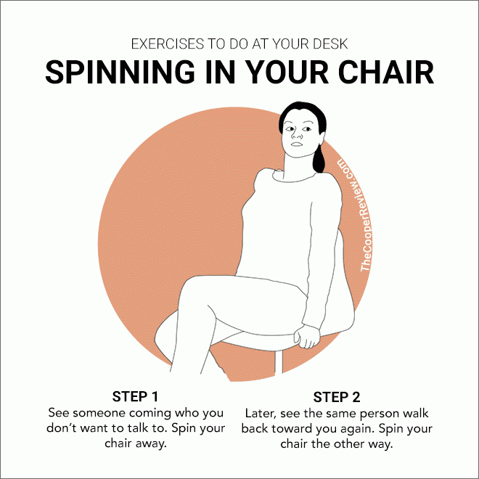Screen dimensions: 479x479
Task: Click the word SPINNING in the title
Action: (x=120, y=72)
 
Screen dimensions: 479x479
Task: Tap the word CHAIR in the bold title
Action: (x=385, y=72)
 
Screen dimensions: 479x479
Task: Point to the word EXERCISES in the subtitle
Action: (x=168, y=44)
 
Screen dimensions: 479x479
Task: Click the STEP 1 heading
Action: (x=135, y=396)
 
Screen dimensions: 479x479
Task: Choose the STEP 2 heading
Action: (x=337, y=397)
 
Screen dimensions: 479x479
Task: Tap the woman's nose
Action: (x=296, y=134)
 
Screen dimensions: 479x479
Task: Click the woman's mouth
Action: (x=296, y=144)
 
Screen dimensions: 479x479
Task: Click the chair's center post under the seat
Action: (x=279, y=362)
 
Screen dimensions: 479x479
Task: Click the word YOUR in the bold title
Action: (x=287, y=72)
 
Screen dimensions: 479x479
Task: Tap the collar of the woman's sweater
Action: (x=293, y=176)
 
